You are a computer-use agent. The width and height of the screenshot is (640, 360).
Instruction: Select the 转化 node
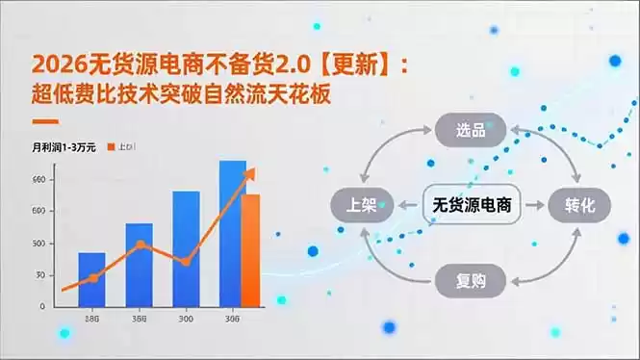[x=579, y=205]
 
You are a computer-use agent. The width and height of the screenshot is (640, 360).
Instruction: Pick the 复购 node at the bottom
[x=470, y=281]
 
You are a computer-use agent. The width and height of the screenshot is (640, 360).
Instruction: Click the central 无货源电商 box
[x=471, y=205]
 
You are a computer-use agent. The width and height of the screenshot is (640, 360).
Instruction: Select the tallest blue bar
[x=232, y=234]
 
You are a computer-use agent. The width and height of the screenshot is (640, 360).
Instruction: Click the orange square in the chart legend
[x=111, y=146]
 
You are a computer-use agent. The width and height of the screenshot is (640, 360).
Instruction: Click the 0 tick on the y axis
[x=41, y=306]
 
